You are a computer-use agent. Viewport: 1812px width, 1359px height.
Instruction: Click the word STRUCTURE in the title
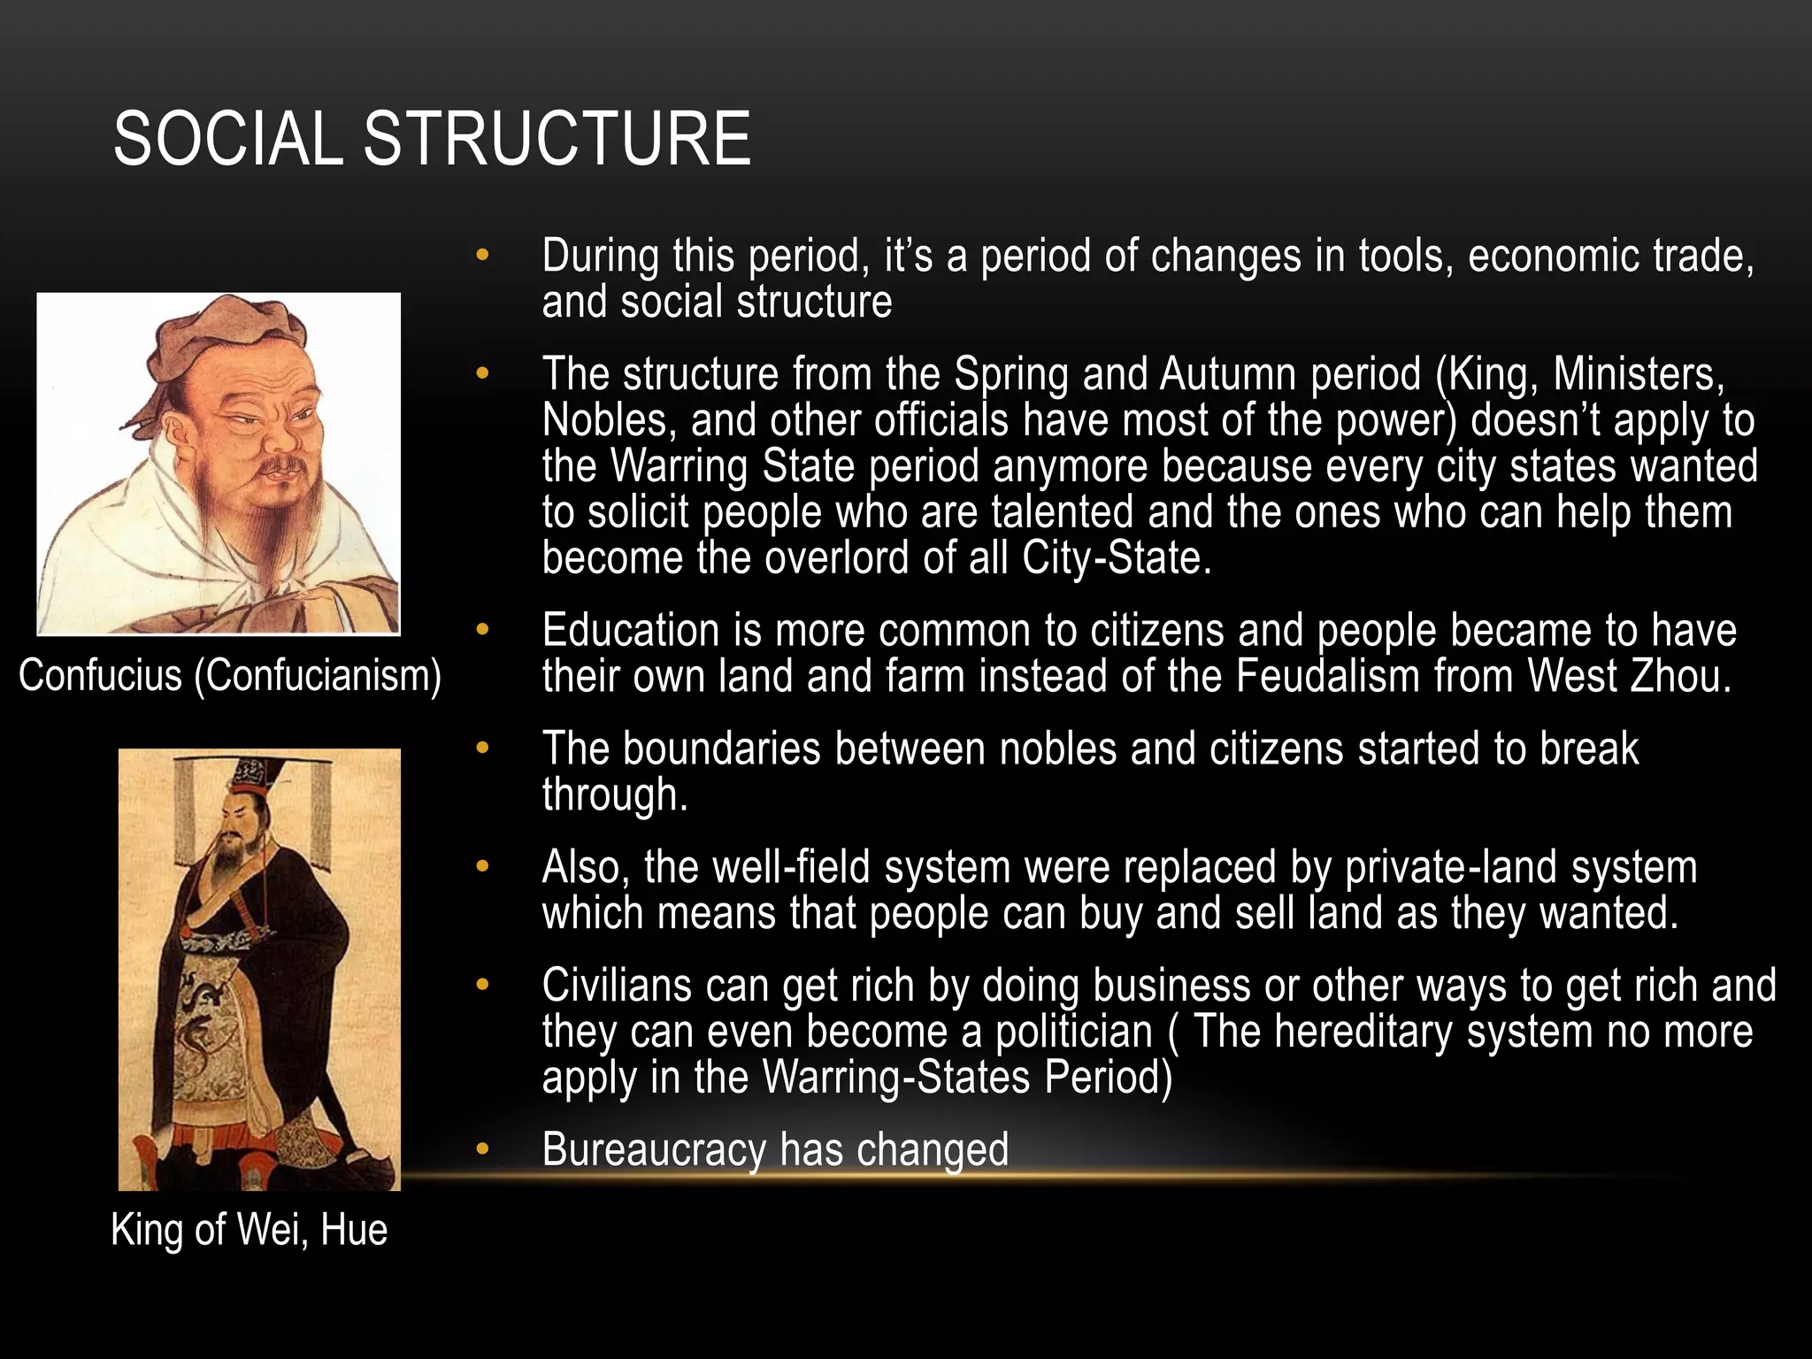tap(557, 139)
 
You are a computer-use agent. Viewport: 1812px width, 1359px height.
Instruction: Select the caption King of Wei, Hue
tap(250, 1230)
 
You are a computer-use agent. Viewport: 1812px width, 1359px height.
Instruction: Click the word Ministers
tap(1638, 374)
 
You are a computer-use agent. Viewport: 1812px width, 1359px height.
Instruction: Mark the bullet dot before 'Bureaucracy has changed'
tap(481, 1149)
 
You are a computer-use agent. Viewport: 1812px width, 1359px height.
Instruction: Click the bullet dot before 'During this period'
tap(481, 256)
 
